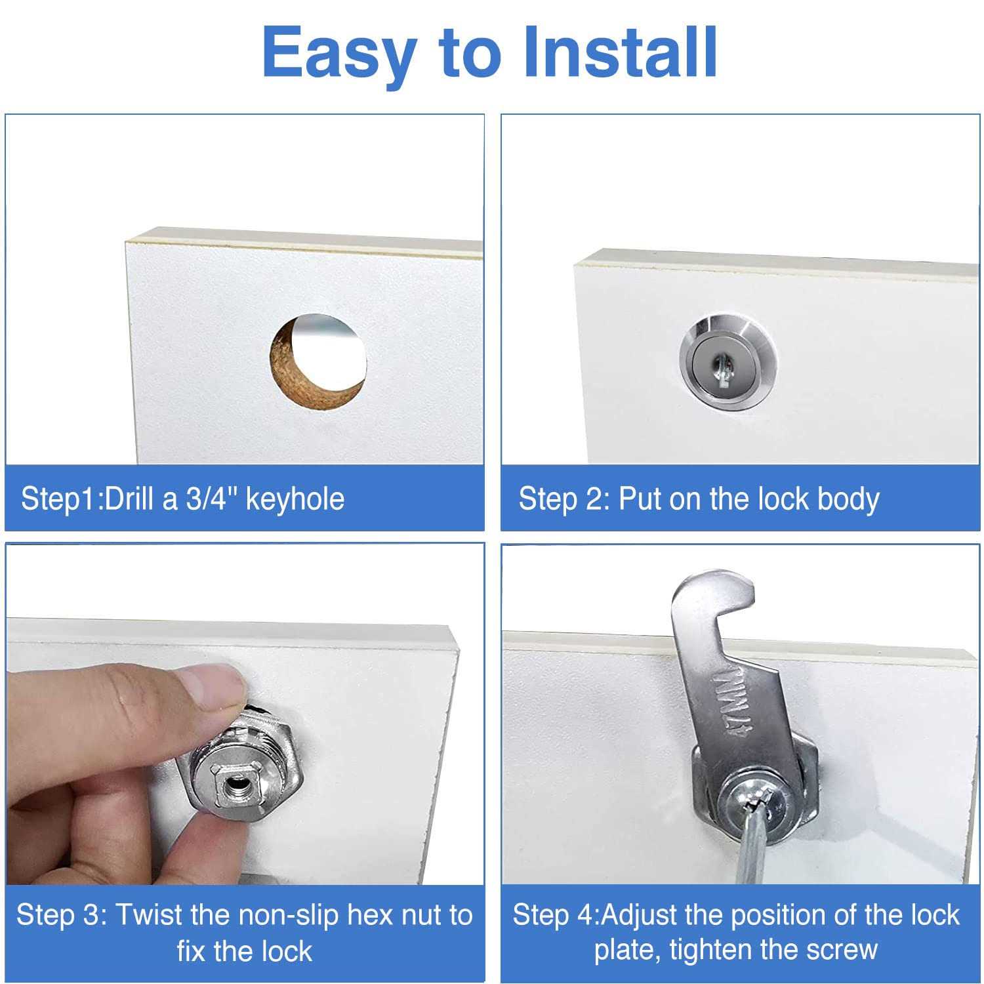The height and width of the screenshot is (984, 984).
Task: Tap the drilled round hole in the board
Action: pos(319,363)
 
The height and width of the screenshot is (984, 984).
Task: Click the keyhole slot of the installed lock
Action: pos(722,364)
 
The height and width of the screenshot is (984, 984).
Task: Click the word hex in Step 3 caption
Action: pos(369,915)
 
